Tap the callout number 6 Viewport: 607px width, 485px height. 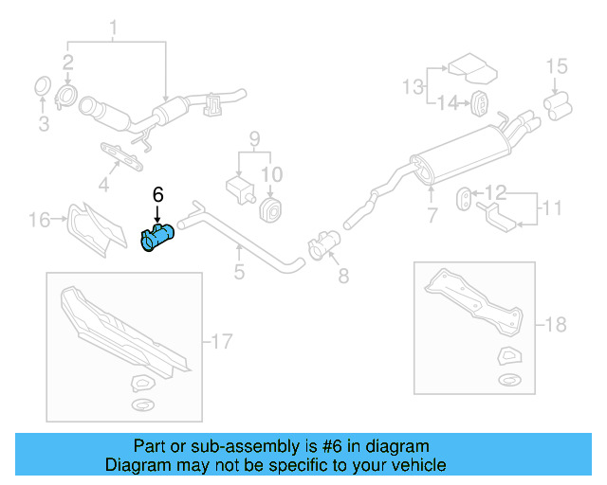point(157,194)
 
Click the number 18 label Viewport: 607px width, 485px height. point(555,325)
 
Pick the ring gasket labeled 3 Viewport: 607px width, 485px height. point(43,86)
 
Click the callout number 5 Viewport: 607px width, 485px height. point(239,273)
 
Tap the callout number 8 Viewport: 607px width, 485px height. point(343,276)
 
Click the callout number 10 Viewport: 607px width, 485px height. point(272,174)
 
